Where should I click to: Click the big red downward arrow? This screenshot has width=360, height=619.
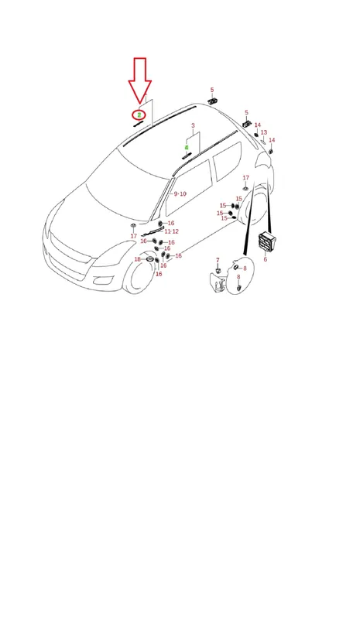point(139,81)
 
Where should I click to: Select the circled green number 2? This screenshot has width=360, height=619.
point(139,115)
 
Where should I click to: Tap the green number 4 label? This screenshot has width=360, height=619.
point(187,148)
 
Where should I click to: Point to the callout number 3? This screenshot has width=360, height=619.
point(193,125)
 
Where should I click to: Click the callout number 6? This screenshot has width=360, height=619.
point(265,259)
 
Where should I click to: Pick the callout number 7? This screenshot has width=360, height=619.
point(218,260)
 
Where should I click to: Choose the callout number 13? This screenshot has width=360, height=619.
point(264,132)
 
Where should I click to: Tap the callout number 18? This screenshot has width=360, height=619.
point(138,259)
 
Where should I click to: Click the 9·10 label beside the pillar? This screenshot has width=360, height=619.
point(180,194)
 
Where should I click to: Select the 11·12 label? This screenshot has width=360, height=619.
point(172,231)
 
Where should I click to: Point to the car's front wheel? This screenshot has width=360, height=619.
point(139,272)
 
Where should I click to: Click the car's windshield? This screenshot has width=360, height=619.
point(126,185)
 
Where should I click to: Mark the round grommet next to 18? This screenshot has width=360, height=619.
point(150,259)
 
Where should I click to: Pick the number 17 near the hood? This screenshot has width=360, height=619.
point(134,236)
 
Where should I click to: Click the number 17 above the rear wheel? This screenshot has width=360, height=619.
point(245,178)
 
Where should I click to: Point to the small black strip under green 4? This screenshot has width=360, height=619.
point(187,155)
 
